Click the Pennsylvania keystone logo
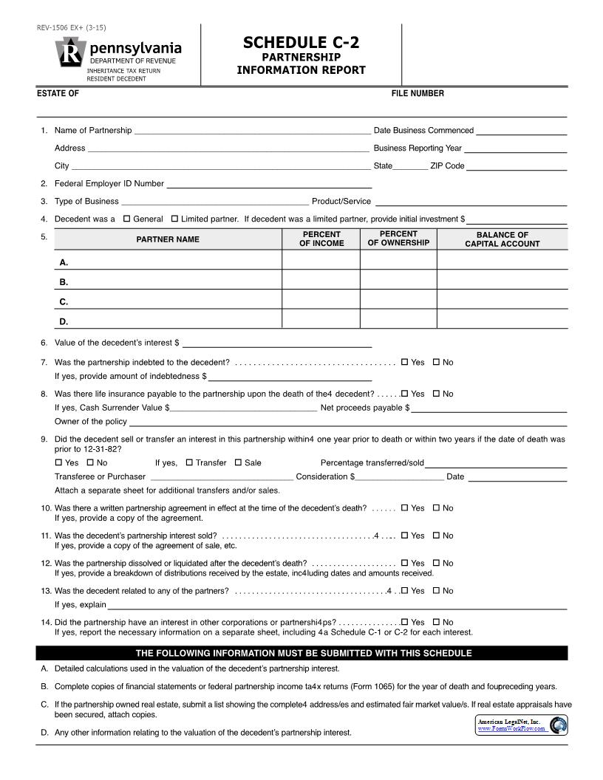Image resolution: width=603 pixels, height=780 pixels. tap(70, 52)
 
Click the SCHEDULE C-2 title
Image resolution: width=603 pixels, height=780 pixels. tap(301, 43)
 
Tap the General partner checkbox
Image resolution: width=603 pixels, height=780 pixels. tap(126, 219)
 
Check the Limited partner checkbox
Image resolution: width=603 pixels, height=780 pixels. tap(174, 219)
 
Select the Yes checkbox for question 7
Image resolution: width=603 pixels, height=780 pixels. tap(404, 362)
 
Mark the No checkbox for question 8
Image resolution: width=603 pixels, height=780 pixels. tap(436, 394)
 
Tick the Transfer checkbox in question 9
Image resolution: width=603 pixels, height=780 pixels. tap(189, 462)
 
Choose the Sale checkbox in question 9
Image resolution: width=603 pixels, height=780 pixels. tap(238, 462)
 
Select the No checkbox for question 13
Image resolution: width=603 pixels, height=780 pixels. tap(436, 590)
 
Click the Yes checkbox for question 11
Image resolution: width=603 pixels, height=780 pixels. tap(404, 536)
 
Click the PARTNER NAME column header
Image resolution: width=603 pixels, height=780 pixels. tap(168, 239)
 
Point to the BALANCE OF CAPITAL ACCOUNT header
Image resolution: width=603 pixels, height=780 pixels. tap(502, 239)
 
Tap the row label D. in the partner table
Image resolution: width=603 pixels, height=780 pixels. tap(64, 321)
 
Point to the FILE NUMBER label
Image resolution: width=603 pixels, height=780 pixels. tap(418, 94)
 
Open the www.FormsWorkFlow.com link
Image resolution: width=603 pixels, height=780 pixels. tap(511, 728)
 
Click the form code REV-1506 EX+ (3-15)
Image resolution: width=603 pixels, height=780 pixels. tap(72, 28)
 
